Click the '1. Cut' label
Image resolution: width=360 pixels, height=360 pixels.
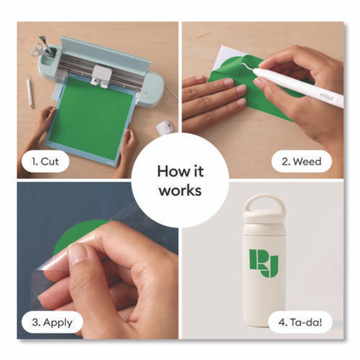tap(45, 162)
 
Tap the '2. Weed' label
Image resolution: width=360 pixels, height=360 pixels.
tap(301, 162)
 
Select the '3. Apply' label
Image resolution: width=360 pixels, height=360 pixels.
tap(52, 322)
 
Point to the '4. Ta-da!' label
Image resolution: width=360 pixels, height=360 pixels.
tap(300, 322)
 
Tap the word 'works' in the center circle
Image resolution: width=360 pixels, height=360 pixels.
tap(181, 190)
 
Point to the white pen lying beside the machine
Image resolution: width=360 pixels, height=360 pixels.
tap(30, 92)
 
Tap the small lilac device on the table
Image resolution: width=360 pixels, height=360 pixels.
tap(165, 128)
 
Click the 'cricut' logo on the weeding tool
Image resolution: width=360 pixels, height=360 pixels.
tap(326, 96)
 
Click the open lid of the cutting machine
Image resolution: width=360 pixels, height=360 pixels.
tap(106, 55)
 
